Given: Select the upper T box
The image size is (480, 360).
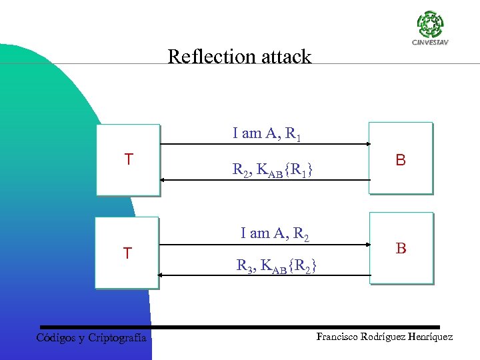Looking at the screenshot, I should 128,160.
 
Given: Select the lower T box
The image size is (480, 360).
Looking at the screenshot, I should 127,253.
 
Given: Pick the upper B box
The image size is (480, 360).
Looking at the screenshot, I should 401,159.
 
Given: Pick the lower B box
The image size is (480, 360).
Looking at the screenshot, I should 401,248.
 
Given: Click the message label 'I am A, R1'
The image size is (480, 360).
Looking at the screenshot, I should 267,133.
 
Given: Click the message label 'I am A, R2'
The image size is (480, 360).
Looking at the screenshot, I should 274,233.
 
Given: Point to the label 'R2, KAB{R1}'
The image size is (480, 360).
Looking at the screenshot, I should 273,171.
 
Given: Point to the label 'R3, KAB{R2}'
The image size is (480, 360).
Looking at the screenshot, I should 276,266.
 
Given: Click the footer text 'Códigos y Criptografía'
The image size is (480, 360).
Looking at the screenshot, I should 91,337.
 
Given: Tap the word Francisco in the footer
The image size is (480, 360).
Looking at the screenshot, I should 339,337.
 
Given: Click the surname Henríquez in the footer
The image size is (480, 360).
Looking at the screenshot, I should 428,337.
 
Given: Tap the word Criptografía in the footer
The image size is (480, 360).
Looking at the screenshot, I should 117,337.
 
